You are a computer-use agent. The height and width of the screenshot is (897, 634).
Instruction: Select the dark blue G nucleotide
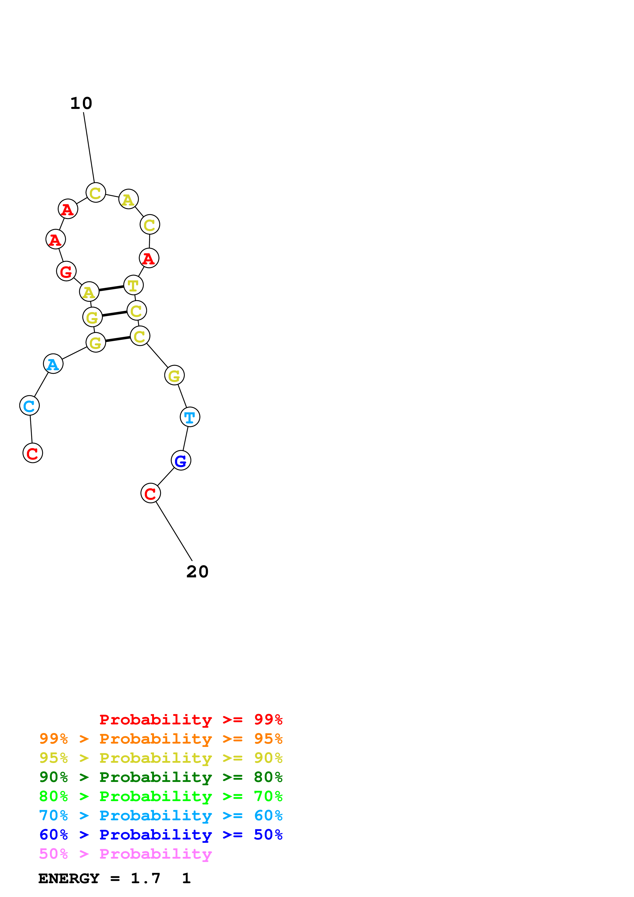(x=181, y=461)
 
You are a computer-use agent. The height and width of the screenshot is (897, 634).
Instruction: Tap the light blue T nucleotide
(x=190, y=417)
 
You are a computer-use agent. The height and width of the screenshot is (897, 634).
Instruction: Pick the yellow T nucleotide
(x=133, y=286)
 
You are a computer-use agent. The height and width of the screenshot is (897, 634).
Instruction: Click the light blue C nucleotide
(x=29, y=406)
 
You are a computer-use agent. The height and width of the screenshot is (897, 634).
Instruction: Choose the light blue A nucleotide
(x=53, y=364)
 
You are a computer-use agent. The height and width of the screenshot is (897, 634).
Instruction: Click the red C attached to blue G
(x=150, y=494)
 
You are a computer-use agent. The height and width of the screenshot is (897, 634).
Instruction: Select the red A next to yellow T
(x=149, y=258)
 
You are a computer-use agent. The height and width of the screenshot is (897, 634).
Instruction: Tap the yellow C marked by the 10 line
(x=96, y=193)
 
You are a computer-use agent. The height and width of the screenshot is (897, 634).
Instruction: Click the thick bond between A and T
(x=111, y=289)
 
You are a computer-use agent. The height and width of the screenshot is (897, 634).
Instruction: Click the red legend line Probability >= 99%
(x=191, y=720)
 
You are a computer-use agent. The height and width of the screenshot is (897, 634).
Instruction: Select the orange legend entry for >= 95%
(x=161, y=739)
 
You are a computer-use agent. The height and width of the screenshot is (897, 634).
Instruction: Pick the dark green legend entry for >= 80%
(x=161, y=777)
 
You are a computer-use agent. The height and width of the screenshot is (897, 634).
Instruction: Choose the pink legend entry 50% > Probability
(x=125, y=854)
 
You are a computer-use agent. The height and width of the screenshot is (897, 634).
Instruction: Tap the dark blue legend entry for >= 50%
(x=161, y=835)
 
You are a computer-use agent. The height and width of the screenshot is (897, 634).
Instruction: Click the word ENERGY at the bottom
(x=69, y=879)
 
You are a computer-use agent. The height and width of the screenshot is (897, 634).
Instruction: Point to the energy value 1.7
(x=145, y=879)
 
